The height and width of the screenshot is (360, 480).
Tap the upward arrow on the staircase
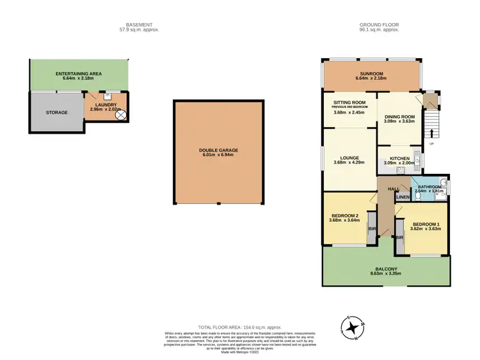click(433, 133)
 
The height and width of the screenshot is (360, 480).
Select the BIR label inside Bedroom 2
click(371, 228)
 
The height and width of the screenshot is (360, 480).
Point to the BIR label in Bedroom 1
click(399, 237)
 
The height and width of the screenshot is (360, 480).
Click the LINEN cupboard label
click(403, 197)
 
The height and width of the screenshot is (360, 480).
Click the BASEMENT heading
click(139, 24)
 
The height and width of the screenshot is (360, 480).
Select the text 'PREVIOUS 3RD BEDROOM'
click(349, 107)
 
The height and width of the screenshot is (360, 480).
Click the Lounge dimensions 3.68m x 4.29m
click(349, 162)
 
